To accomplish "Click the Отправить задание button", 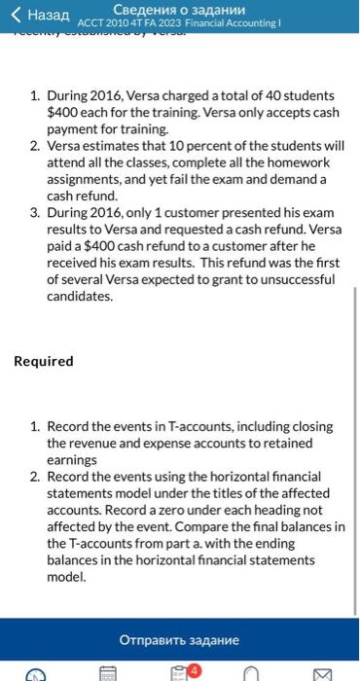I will click(179, 641).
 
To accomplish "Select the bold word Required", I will click(44, 361).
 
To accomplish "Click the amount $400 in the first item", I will click(63, 113).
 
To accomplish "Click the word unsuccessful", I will click(292, 280).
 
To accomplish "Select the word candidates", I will click(79, 296).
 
